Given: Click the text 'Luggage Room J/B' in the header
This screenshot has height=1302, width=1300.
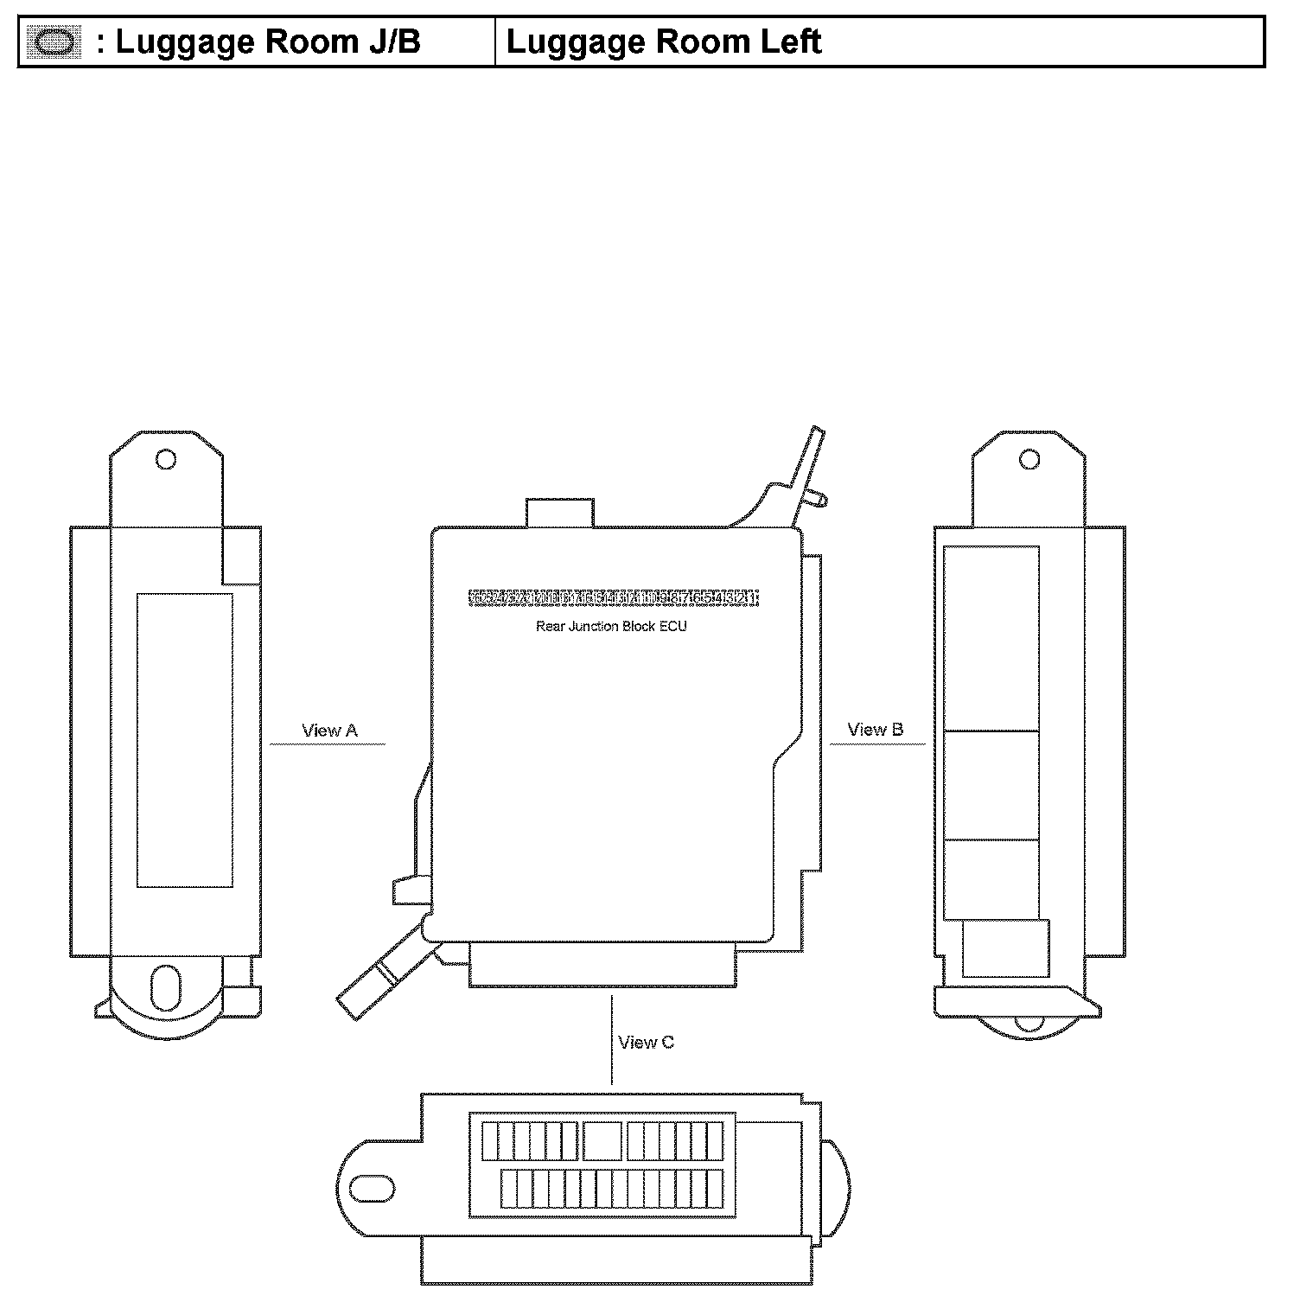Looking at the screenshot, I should (x=268, y=41).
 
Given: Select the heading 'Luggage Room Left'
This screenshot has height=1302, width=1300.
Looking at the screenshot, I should (x=663, y=41).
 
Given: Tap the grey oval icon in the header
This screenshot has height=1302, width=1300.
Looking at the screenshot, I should (x=54, y=42).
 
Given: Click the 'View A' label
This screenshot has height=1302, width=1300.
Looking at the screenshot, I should (x=329, y=731).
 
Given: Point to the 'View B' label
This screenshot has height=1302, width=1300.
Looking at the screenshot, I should (x=875, y=730).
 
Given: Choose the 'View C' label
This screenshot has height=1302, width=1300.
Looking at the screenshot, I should (x=646, y=1043).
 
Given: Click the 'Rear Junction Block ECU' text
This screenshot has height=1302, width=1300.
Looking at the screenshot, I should (x=611, y=626).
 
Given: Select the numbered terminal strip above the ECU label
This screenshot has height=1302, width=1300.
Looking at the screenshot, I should (x=614, y=598).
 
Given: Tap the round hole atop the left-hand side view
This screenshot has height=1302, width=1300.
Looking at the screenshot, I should (x=165, y=459).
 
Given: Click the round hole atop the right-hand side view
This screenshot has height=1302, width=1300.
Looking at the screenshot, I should (x=1029, y=459).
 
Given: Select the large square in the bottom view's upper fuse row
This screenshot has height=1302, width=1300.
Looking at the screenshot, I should (x=602, y=1140).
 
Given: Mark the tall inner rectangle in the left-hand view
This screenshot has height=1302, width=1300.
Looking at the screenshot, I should (x=184, y=740).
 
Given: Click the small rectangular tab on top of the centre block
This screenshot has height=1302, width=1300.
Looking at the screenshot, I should (x=559, y=512).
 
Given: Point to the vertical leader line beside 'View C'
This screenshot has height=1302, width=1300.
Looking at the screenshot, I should (x=612, y=1040).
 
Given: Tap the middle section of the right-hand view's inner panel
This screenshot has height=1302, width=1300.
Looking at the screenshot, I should (x=991, y=785).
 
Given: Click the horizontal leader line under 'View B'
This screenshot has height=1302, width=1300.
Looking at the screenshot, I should (x=876, y=744).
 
